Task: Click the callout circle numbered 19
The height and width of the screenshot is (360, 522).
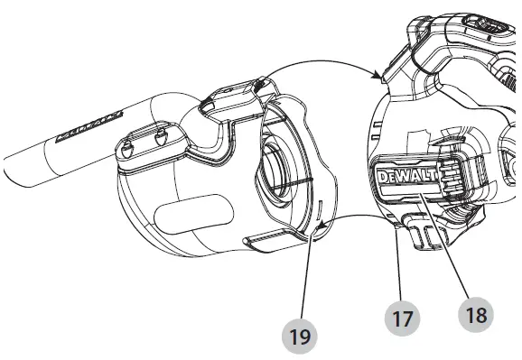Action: click(x=300, y=337)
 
